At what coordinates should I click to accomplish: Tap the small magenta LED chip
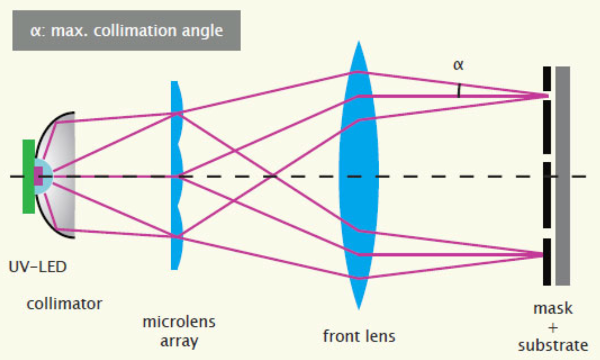[x=38, y=176]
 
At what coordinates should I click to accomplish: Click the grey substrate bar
[x=562, y=214]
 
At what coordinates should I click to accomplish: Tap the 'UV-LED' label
[x=38, y=267]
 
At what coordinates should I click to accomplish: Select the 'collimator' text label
[x=64, y=303]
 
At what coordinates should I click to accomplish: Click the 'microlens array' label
[x=179, y=331]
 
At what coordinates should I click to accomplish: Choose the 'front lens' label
[x=359, y=336]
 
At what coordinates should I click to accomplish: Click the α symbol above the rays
[x=458, y=65]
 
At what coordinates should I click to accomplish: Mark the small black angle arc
[x=459, y=90]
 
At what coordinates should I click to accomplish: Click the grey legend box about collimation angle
[x=126, y=30]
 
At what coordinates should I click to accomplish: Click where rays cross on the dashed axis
[x=273, y=176]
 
